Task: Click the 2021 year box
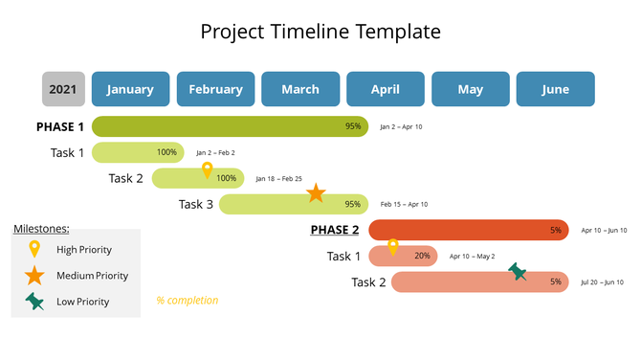tap(63, 89)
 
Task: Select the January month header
tap(130, 89)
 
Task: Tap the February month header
tap(215, 89)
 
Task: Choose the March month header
tap(300, 89)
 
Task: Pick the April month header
tap(386, 89)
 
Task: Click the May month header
tap(471, 89)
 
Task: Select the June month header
tap(555, 89)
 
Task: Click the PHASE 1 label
tap(60, 126)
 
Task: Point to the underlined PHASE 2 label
tap(335, 230)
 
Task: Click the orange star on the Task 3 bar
tap(316, 193)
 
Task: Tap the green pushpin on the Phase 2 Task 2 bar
tap(518, 273)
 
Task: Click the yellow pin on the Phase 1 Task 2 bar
tap(207, 170)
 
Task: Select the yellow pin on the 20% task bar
tap(392, 248)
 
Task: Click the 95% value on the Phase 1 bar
tap(353, 126)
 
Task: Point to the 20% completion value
tap(422, 257)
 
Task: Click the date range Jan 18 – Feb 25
tap(278, 179)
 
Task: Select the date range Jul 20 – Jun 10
tap(602, 282)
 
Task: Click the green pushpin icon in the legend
tap(34, 302)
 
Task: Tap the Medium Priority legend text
tap(92, 276)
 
